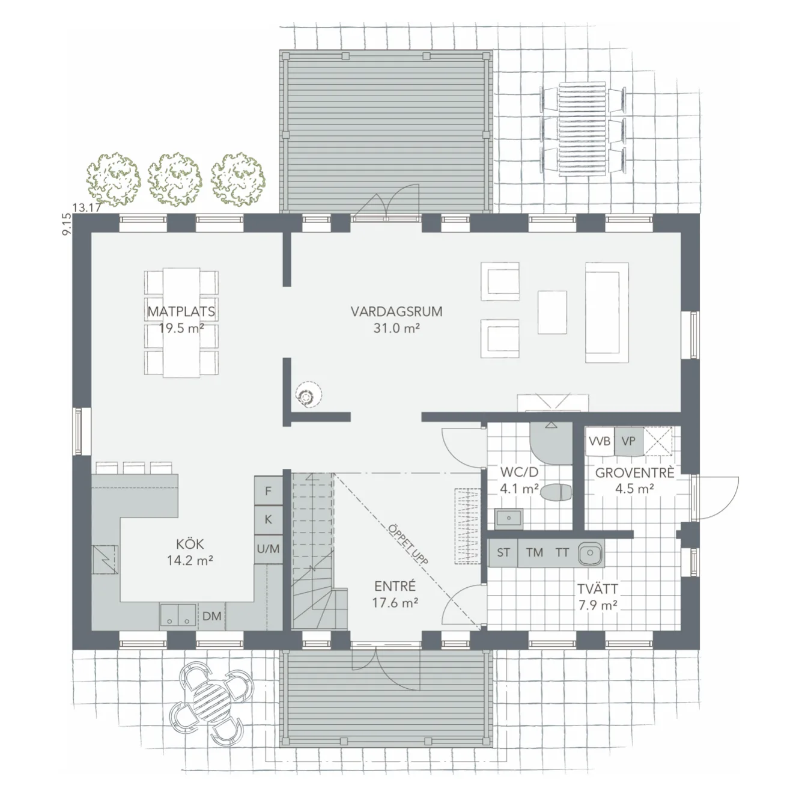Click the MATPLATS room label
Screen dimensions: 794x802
(x=181, y=313)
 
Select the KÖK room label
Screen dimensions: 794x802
(x=190, y=545)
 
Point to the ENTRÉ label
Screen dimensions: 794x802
(x=395, y=587)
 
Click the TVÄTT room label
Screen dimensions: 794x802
(x=598, y=590)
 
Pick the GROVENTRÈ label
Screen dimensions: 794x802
(x=634, y=473)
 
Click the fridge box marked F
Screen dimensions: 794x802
(x=269, y=491)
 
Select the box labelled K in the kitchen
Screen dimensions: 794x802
(x=269, y=520)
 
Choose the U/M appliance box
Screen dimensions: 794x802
(x=269, y=548)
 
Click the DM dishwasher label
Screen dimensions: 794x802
(x=211, y=616)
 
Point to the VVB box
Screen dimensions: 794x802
(x=600, y=442)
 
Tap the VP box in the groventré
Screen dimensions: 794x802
(x=628, y=442)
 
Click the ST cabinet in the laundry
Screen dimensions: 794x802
(x=503, y=552)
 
